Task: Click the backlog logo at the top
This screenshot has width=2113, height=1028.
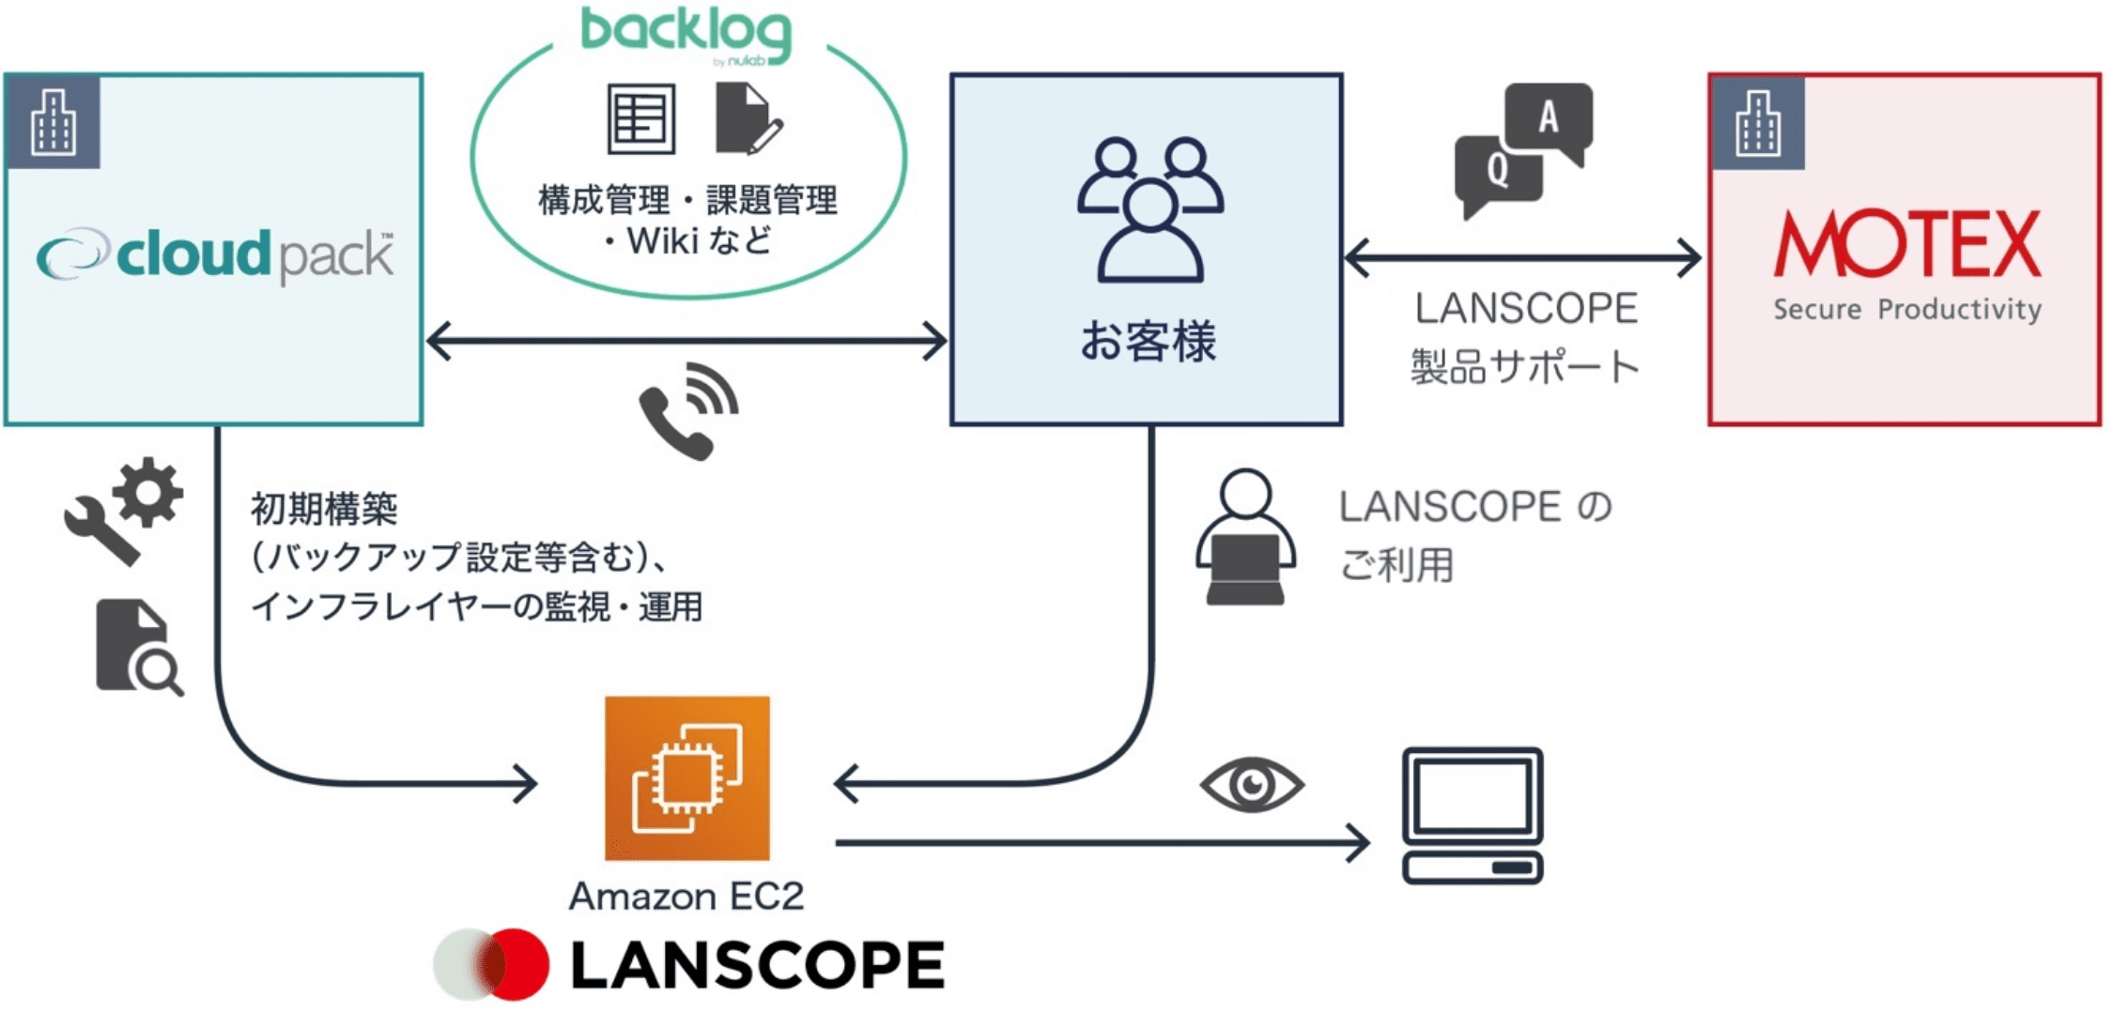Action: point(686,33)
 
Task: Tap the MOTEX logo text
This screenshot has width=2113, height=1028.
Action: point(1906,245)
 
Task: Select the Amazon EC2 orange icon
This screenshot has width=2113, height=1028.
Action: point(687,777)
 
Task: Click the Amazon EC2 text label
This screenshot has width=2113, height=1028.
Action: point(686,896)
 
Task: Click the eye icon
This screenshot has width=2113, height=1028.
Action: point(1252,784)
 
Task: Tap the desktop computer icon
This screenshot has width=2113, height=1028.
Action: point(1472,815)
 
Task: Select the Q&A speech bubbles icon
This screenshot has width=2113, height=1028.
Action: point(1523,148)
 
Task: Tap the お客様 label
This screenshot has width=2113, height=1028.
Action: point(1148,341)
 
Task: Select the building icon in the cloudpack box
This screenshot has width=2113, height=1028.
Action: point(53,122)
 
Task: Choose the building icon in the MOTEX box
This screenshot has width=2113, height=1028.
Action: point(1757,123)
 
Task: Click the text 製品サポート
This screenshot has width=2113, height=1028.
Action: point(1525,366)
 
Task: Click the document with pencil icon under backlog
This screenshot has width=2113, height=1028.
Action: point(748,119)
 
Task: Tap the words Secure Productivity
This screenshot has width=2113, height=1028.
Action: point(1906,309)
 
